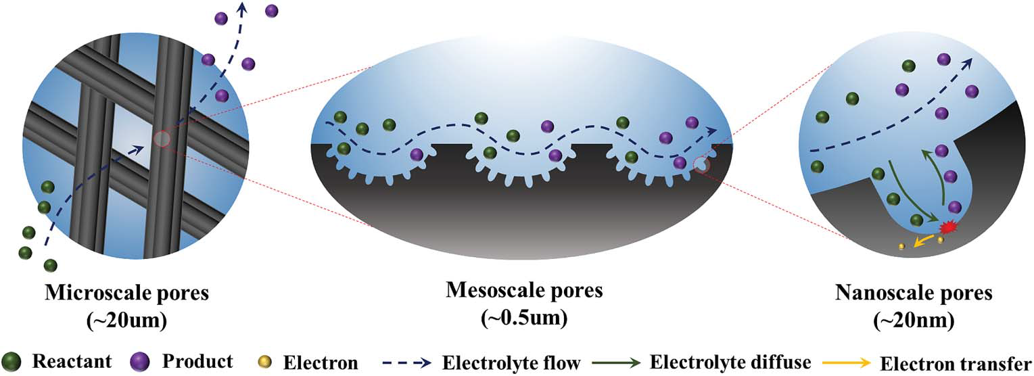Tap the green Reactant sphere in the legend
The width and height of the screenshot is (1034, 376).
coord(11,360)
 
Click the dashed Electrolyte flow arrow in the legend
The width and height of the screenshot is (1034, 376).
coord(402,362)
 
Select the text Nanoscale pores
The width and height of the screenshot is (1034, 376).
coord(914,293)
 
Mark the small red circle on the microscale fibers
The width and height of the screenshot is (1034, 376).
coord(162,139)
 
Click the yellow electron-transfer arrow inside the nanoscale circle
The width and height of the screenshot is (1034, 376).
coord(923,241)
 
